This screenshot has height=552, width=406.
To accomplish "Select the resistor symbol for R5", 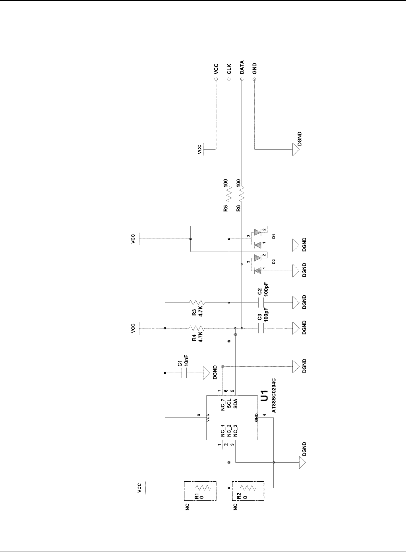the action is [x=229, y=195].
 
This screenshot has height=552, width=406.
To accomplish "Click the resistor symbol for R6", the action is [x=242, y=195].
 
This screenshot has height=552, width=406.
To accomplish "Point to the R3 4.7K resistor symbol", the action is [x=197, y=303].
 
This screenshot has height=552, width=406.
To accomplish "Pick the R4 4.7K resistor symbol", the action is [x=197, y=329].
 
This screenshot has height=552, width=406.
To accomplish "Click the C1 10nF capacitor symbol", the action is [x=184, y=373].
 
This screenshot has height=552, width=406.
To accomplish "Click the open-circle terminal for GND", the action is [x=254, y=79].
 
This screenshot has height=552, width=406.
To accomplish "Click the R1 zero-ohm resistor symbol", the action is [x=201, y=488].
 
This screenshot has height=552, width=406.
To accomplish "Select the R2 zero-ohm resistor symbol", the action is [x=248, y=488].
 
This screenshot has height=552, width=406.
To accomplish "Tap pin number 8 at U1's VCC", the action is [x=199, y=415].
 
